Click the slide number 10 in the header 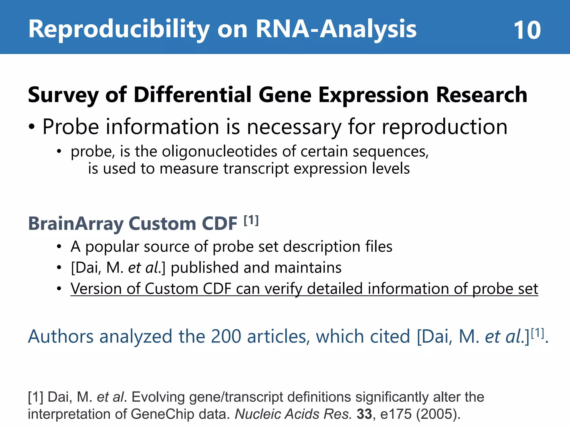[527, 30]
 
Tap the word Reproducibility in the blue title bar [119, 29]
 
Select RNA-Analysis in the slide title [336, 29]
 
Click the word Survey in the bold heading [63, 95]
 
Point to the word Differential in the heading [193, 95]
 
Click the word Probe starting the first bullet [71, 127]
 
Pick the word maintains [308, 268]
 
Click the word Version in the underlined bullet [96, 289]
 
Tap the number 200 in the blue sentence [226, 337]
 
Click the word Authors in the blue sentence [61, 337]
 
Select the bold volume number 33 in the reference [364, 414]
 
